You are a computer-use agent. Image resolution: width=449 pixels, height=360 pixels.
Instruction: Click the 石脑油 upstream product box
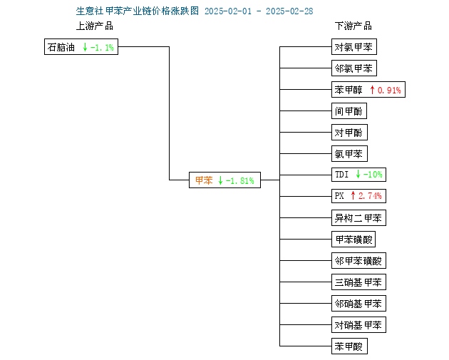click(81, 46)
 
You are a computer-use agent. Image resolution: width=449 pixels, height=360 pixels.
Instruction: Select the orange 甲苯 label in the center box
click(204, 180)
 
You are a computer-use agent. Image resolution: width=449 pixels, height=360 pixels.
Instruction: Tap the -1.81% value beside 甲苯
click(240, 181)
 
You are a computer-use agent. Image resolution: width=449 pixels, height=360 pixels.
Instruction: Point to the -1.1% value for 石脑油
click(102, 47)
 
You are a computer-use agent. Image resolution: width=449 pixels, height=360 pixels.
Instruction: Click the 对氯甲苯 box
click(354, 46)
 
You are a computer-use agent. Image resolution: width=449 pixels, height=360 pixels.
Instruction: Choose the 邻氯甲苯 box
click(354, 68)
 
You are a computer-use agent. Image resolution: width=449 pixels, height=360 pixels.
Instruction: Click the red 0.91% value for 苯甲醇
click(389, 91)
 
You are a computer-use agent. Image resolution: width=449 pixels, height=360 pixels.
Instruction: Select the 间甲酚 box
click(349, 110)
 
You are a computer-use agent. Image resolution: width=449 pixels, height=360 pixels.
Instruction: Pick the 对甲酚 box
click(349, 133)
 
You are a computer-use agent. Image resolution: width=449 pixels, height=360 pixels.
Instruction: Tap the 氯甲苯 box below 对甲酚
click(349, 154)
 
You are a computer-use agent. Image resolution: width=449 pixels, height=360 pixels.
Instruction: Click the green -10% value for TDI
click(373, 175)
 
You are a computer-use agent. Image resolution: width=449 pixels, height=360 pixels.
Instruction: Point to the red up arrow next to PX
click(353, 195)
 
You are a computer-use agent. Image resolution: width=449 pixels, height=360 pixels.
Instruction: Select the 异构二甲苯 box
click(358, 218)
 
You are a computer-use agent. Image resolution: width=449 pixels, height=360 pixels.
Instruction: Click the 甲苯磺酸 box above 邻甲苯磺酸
click(353, 239)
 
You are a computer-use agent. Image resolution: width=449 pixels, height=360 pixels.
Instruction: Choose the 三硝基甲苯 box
click(358, 282)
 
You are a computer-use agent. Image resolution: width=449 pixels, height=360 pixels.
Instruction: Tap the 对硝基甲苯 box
click(358, 325)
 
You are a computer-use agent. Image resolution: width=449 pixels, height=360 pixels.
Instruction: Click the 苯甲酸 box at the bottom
click(349, 346)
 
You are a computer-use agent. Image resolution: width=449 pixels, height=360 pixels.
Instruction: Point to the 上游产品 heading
click(95, 26)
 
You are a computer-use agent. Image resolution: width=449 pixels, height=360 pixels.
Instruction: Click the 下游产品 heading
click(353, 26)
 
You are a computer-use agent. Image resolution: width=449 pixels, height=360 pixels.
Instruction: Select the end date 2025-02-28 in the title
click(289, 11)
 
